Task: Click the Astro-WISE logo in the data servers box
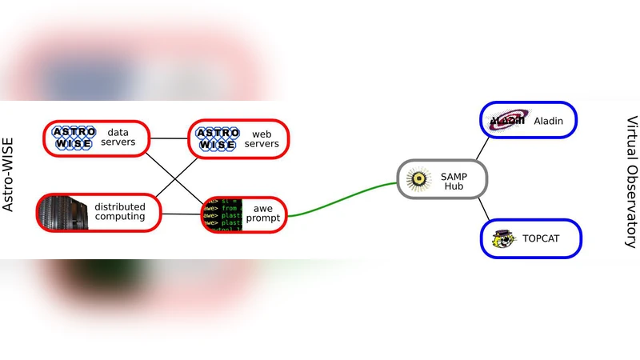(74, 138)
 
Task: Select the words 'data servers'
(118, 138)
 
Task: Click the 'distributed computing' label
(120, 211)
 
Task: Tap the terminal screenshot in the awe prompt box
(221, 214)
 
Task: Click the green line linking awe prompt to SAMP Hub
(344, 200)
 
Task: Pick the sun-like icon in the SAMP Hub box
(418, 179)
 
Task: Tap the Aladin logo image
(507, 120)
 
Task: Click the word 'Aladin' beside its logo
(549, 121)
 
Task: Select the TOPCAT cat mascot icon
(502, 238)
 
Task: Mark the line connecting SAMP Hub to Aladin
(482, 148)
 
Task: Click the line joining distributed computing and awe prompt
(182, 214)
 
